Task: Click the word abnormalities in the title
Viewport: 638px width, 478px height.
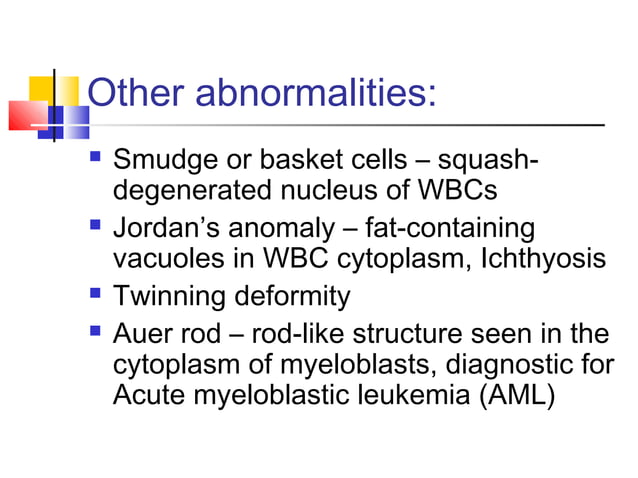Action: tap(316, 95)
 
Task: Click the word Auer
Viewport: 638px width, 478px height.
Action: tap(143, 337)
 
